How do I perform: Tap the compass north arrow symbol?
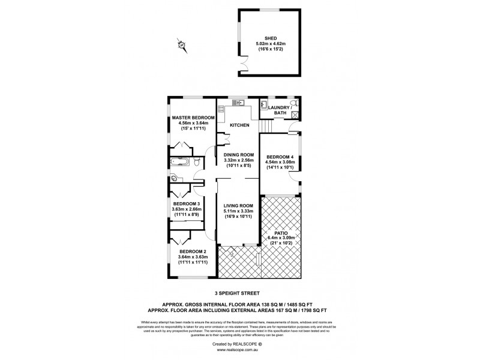click(179, 44)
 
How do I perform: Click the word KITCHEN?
click(238, 125)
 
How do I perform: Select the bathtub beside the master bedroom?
click(179, 161)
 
